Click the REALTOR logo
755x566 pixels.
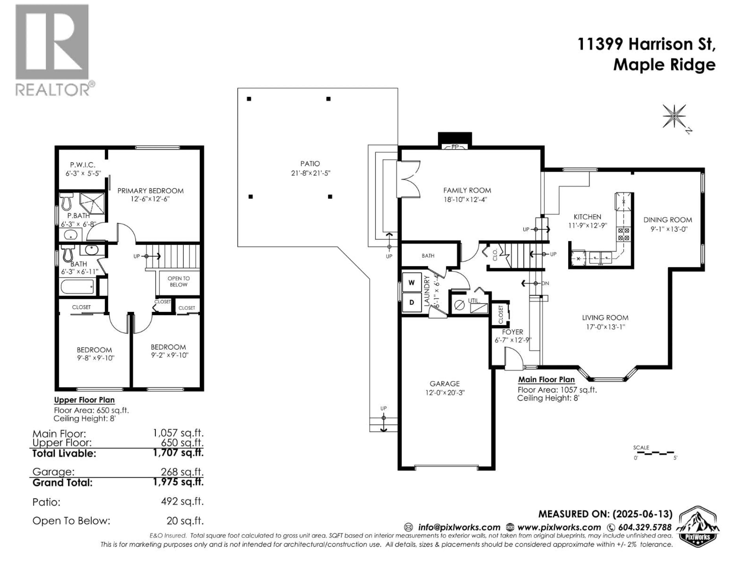[x=55, y=51]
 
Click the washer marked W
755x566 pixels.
[x=412, y=282]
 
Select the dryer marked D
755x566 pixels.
[x=412, y=302]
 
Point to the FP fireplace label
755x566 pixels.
[x=455, y=147]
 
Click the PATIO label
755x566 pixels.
[x=310, y=164]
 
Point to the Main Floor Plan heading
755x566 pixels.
[x=546, y=379]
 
